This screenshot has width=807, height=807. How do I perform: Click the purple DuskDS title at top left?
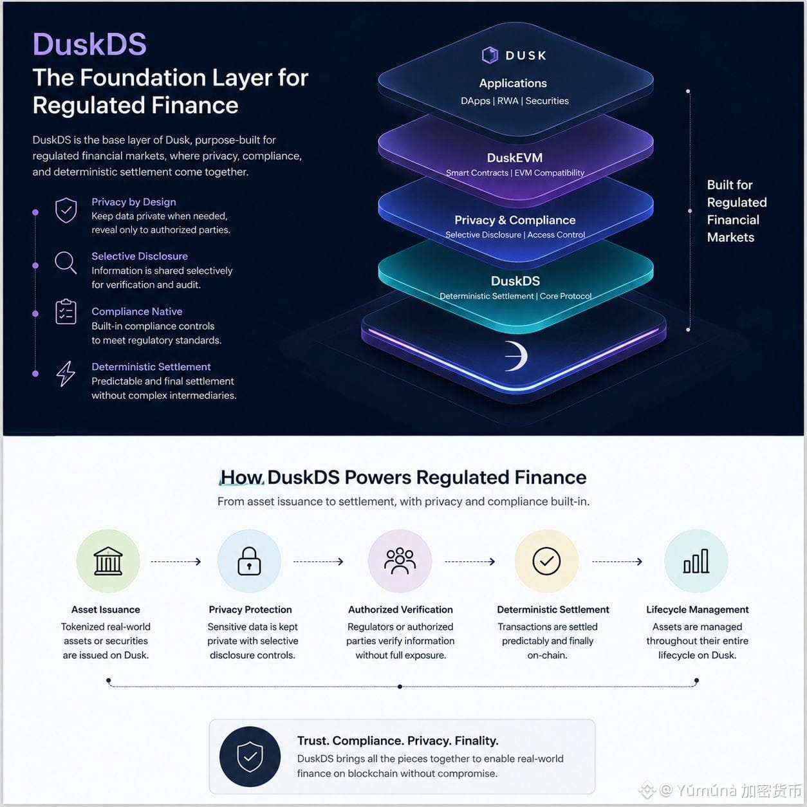[89, 44]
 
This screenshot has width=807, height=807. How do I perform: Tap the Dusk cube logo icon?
[490, 55]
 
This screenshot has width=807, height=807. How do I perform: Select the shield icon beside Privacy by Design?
[66, 210]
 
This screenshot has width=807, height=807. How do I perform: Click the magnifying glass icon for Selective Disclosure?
[66, 263]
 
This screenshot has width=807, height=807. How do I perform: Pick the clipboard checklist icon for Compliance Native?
[66, 311]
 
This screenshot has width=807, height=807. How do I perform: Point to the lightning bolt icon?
[66, 373]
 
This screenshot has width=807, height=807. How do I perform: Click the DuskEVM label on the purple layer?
[515, 158]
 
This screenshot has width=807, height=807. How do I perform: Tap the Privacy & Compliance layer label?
[515, 220]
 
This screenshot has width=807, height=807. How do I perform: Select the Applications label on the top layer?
[513, 83]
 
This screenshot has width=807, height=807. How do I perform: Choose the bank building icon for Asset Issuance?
[108, 561]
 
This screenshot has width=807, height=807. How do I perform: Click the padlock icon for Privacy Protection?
[249, 561]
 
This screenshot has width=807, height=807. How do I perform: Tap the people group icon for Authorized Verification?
[400, 561]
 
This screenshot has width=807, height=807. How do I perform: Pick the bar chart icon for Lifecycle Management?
[696, 561]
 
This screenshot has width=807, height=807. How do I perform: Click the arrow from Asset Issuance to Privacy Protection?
[176, 562]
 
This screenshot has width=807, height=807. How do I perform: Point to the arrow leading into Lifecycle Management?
[617, 562]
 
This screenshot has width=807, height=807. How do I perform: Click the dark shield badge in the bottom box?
[250, 757]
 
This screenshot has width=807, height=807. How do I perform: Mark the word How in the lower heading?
[241, 478]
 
